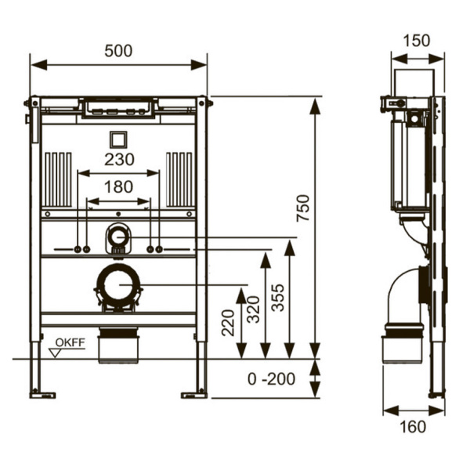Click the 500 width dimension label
[x=118, y=51]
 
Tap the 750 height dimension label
[x=302, y=208]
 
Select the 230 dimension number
[x=119, y=160]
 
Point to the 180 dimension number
[x=119, y=187]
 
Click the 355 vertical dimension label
[x=277, y=298]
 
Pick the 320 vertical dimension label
[x=253, y=309]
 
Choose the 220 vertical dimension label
[x=228, y=323]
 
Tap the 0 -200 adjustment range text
[x=271, y=379]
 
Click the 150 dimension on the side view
[x=417, y=41]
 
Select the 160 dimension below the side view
[x=413, y=427]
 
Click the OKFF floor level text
[x=70, y=342]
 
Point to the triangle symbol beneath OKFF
[x=55, y=353]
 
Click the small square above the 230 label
[x=118, y=139]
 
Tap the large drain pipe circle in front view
[x=118, y=285]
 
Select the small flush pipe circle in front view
[x=118, y=237]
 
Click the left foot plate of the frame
[x=42, y=396]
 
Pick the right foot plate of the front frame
[x=194, y=396]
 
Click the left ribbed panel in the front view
[x=58, y=179]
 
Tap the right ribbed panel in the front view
[x=179, y=179]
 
